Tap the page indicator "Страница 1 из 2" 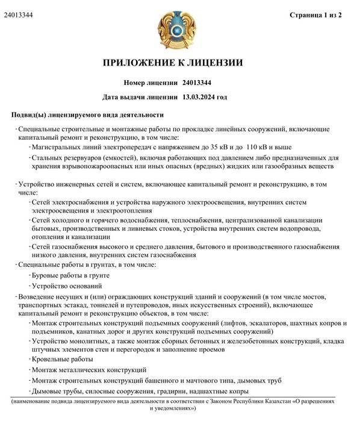point(315,14)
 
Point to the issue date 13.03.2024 point(198,96)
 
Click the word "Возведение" point(38,297)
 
